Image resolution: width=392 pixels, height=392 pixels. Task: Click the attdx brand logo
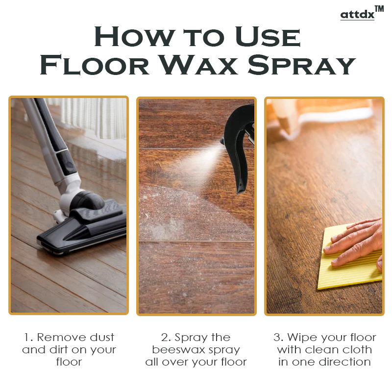click(357, 14)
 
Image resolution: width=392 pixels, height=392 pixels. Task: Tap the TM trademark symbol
click(379, 9)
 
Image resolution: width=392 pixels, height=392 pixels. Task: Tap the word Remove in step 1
click(61, 338)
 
